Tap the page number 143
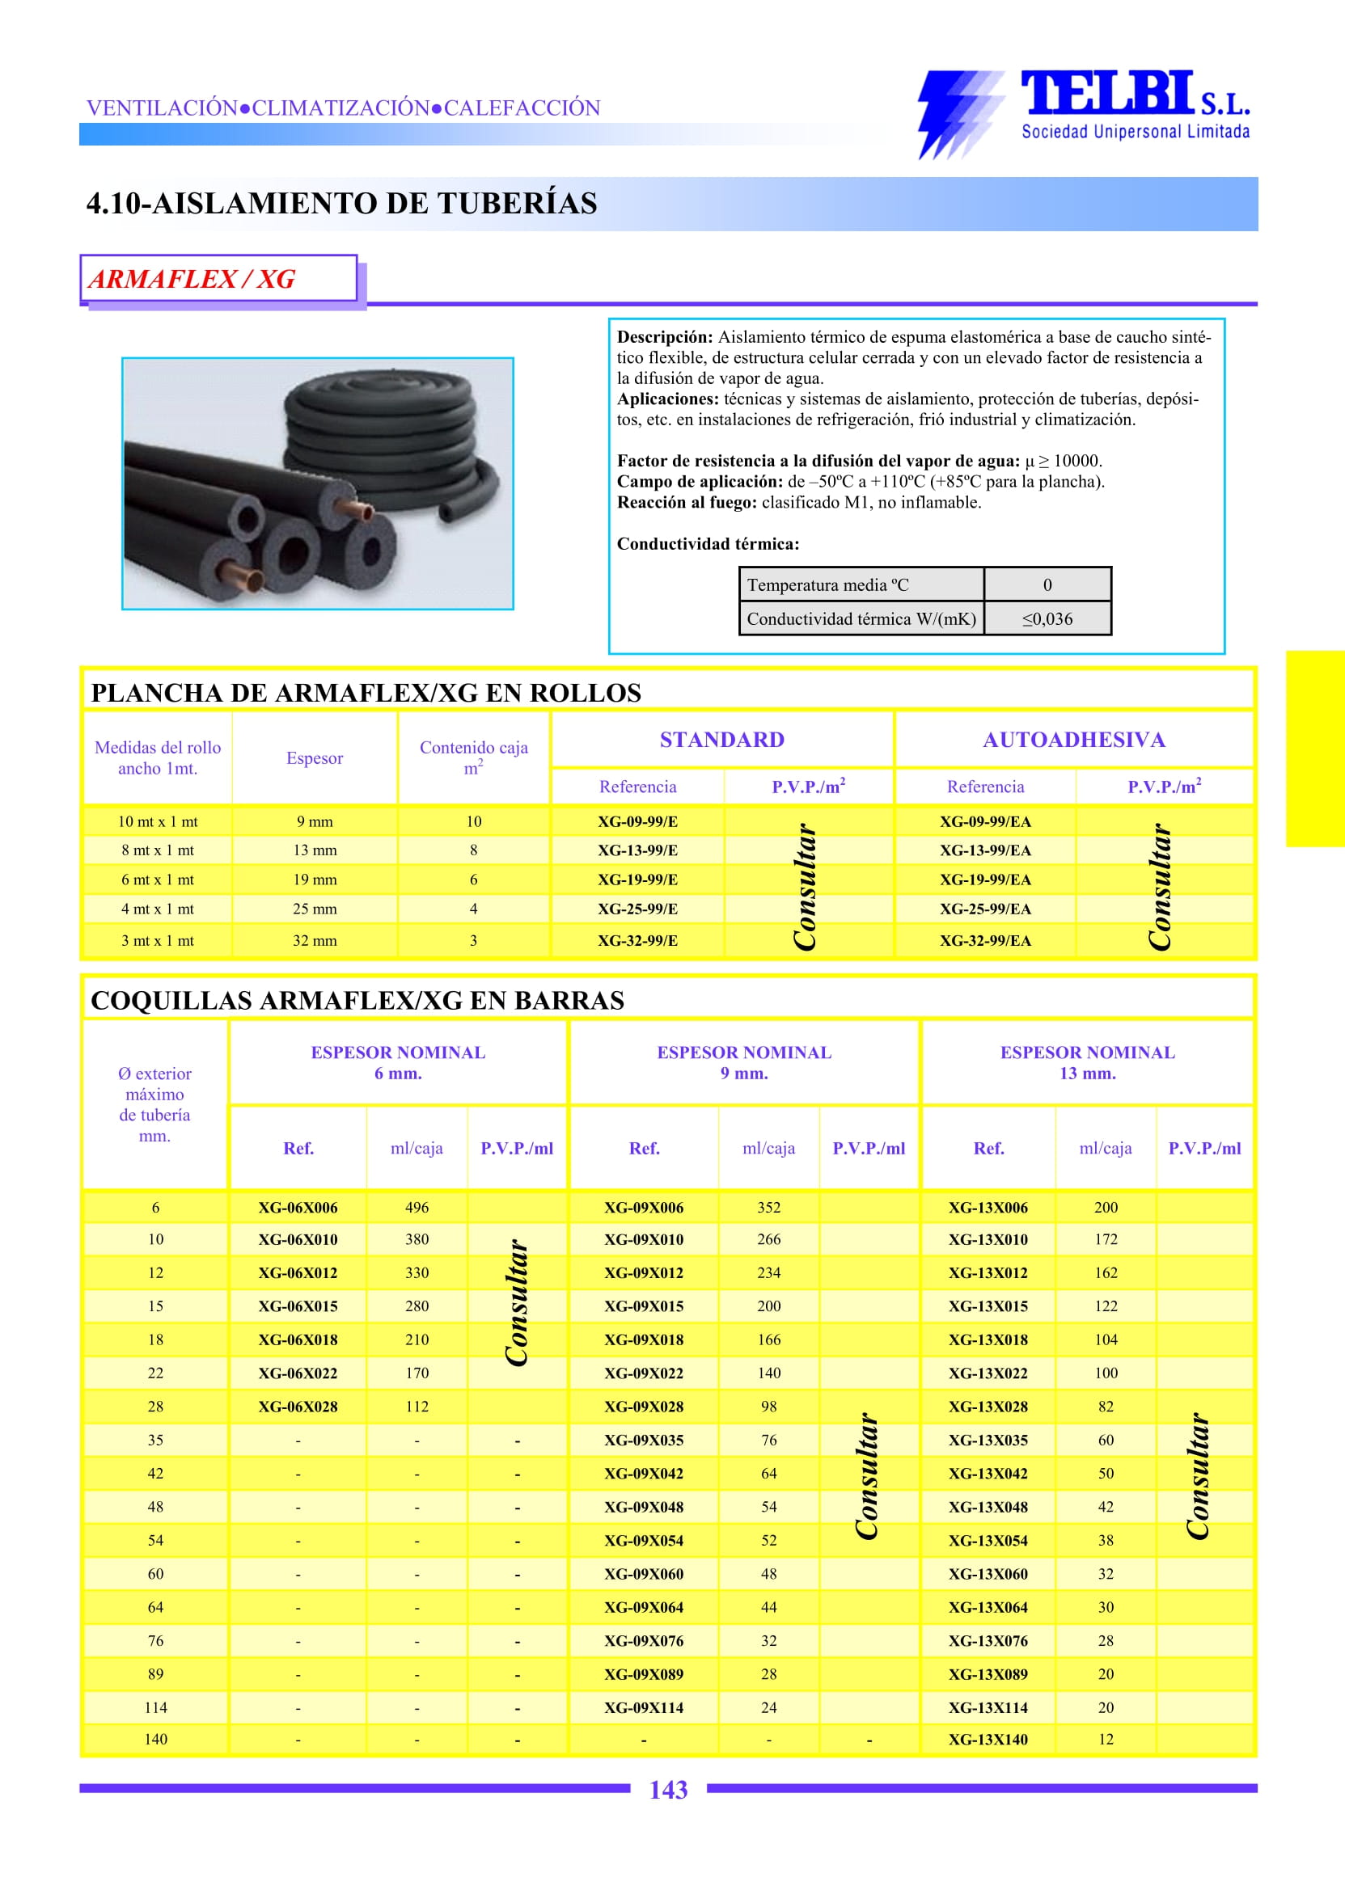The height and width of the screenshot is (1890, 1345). tap(667, 1790)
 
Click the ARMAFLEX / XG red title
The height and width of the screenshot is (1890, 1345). tap(192, 279)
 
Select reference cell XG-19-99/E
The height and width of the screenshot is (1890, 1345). tap(637, 880)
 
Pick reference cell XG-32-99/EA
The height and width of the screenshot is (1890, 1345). tap(985, 940)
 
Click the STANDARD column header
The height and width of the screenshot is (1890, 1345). tap(721, 740)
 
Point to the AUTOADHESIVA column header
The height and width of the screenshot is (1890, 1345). tap(1073, 740)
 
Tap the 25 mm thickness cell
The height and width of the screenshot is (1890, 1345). tap(315, 909)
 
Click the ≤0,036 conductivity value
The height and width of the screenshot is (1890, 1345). tap(1047, 619)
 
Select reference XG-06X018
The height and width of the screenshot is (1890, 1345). tap(298, 1339)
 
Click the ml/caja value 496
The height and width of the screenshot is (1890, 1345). tap(417, 1208)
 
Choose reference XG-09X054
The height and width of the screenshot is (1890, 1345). tap(644, 1541)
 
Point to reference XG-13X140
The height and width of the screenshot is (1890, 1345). tap(988, 1740)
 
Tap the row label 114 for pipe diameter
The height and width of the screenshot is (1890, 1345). tap(156, 1707)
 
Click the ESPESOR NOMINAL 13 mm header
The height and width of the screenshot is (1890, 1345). tap(1087, 1063)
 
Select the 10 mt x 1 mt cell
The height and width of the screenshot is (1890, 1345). tap(158, 822)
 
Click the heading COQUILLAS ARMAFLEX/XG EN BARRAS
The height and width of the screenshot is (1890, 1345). tap(357, 1001)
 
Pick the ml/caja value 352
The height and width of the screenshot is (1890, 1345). tap(768, 1208)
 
